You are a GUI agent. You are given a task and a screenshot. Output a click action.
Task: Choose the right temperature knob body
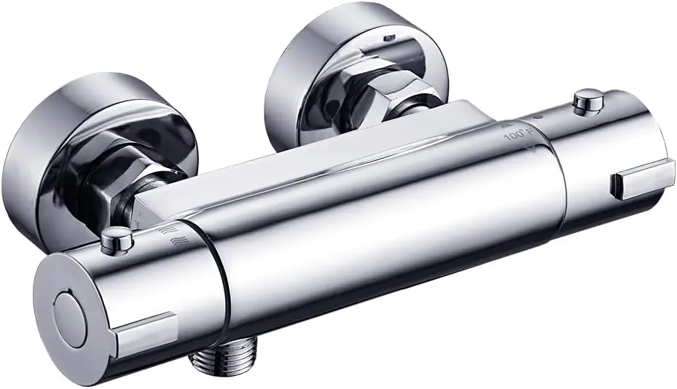[605, 153]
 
